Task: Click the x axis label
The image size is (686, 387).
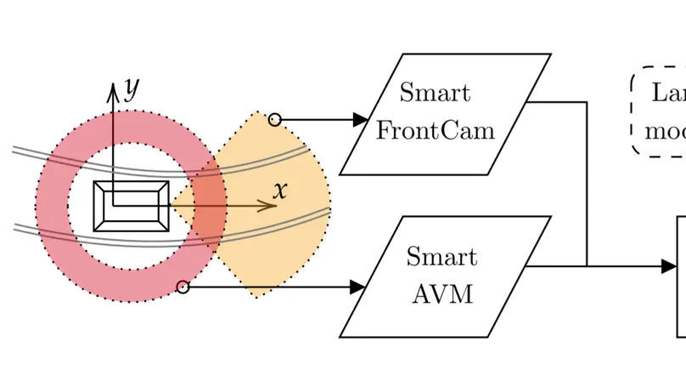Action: click(280, 190)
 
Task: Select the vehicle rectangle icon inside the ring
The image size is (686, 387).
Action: click(131, 206)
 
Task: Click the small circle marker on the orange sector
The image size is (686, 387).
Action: click(274, 120)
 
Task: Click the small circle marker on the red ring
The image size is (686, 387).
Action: click(183, 287)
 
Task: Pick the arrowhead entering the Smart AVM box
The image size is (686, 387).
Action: click(357, 287)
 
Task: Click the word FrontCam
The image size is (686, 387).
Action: click(435, 131)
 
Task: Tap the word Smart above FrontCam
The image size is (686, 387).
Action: click(435, 92)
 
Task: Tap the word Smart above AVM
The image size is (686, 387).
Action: click(441, 256)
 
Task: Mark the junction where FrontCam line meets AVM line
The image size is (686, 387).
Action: click(587, 266)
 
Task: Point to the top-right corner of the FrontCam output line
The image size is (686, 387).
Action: click(587, 102)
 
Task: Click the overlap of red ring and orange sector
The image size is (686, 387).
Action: click(208, 205)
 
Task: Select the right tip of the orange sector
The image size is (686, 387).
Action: click(329, 205)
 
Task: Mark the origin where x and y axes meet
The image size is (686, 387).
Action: click(113, 205)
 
